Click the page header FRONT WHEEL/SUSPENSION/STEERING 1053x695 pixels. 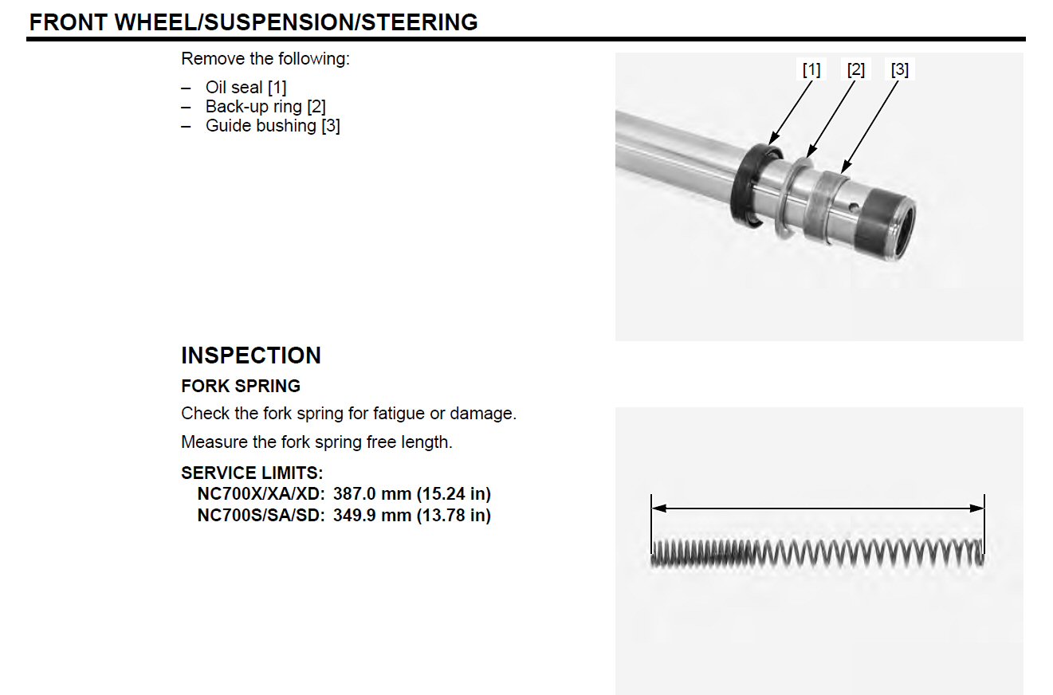tap(253, 22)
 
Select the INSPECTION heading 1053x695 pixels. tap(251, 355)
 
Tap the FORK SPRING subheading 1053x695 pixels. tap(241, 386)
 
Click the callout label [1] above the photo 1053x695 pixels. tap(811, 69)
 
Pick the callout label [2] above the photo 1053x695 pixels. tap(855, 69)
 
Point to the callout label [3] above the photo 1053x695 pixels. tap(900, 69)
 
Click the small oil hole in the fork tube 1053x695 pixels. tap(854, 207)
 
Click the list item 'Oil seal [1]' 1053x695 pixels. tap(246, 88)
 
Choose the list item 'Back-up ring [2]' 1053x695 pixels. tap(265, 107)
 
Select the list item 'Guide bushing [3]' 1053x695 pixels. tap(273, 126)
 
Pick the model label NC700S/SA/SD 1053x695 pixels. tap(261, 516)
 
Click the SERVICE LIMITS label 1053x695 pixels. tap(252, 473)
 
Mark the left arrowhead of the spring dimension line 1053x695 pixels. tap(658, 508)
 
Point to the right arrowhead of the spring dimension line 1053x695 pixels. tap(976, 508)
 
